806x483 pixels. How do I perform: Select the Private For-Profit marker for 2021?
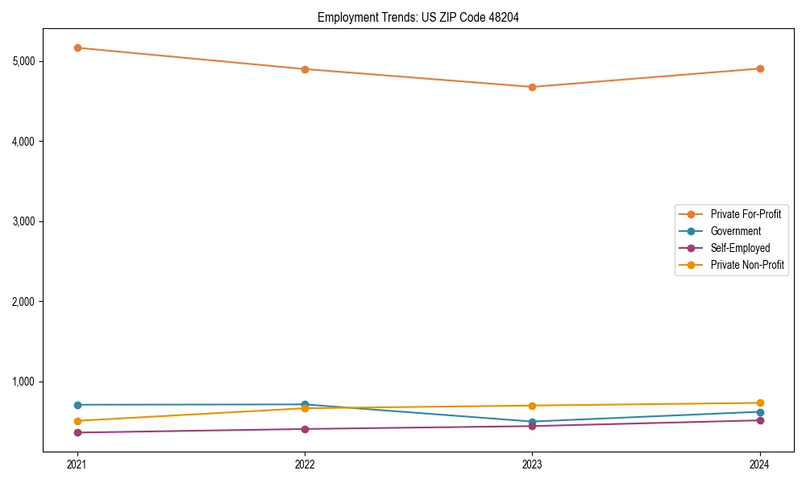77,47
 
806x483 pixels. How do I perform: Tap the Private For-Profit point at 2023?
532,87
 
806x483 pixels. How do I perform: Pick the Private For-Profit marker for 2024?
760,68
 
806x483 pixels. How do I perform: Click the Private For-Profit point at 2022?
305,69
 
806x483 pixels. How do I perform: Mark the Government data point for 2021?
77,405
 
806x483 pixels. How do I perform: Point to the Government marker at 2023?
532,422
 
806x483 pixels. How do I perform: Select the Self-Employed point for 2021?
77,432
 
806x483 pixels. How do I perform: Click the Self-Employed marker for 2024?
760,420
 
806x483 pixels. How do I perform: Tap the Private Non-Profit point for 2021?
77,421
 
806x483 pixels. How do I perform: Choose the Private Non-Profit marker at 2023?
532,406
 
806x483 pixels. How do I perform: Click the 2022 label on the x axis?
305,464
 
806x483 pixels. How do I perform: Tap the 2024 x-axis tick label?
760,464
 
